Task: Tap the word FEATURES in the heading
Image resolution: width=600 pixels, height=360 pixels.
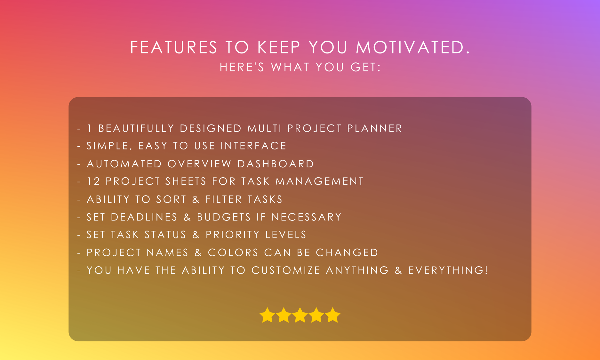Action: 174,47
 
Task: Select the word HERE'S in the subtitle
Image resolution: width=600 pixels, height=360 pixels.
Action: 242,67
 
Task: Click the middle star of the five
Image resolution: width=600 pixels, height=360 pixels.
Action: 300,315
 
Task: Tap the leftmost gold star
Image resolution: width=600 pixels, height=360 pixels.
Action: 267,315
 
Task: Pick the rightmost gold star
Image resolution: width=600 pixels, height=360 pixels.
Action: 333,315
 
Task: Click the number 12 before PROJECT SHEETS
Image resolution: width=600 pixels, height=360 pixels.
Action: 93,181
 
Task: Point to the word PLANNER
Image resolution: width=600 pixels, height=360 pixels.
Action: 374,128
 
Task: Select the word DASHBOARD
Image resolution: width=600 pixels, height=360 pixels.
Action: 276,164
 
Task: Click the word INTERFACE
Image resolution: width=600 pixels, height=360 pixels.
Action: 253,146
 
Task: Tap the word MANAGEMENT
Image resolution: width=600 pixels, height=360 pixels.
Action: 319,181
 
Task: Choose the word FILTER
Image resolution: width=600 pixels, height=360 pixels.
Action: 224,199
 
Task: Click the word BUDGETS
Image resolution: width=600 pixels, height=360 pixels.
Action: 224,217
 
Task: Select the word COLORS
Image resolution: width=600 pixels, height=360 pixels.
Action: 233,252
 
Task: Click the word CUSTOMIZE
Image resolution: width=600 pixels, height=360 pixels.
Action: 286,270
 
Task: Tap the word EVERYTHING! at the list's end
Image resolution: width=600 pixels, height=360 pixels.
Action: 448,270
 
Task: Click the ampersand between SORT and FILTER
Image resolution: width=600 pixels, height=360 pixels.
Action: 196,199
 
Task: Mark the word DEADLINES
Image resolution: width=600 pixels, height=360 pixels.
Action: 144,217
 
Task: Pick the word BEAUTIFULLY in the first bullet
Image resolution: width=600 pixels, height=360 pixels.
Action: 136,128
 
